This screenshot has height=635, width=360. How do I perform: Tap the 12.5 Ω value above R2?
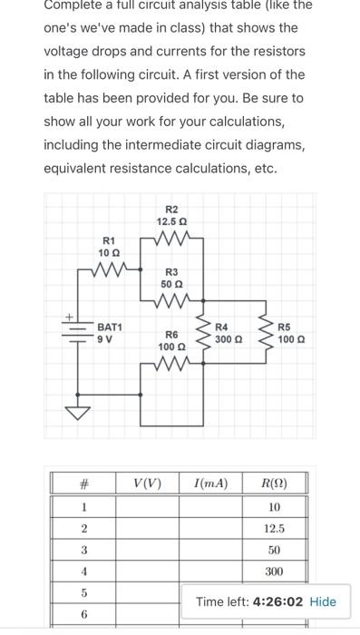[x=171, y=220]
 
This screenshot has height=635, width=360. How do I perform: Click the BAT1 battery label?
[x=111, y=326]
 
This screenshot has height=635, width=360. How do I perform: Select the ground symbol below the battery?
[x=78, y=414]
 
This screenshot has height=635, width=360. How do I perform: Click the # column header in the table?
[x=83, y=484]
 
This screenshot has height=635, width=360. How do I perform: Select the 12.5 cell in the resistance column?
[x=274, y=528]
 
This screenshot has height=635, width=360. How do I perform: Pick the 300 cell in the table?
[x=274, y=571]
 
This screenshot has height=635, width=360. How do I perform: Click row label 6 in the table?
[x=83, y=615]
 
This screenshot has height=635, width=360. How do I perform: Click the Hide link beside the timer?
[x=322, y=601]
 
